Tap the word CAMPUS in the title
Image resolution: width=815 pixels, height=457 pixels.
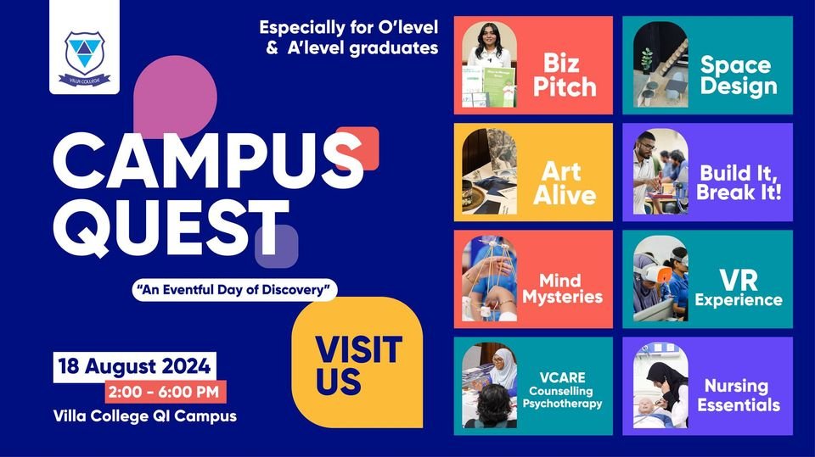(209, 160)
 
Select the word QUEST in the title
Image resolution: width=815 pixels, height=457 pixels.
(171, 227)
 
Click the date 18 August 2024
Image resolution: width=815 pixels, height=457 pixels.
(135, 366)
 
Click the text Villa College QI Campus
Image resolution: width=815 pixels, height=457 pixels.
(145, 416)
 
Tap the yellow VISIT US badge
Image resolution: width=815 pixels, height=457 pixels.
(357, 363)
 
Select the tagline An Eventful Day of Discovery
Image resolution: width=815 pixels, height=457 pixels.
(234, 290)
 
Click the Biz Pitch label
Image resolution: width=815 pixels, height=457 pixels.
(565, 75)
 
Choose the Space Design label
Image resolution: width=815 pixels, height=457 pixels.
(739, 75)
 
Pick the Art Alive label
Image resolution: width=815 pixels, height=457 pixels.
(565, 183)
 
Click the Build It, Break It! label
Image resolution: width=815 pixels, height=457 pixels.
(739, 183)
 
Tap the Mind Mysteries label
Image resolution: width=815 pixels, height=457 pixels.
(562, 289)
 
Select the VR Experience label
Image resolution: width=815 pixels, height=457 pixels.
(739, 289)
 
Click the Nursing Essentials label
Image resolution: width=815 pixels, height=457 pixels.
(739, 395)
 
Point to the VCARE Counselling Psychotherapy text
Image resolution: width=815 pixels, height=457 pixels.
(562, 390)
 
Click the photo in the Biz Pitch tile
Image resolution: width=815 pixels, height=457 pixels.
(489, 65)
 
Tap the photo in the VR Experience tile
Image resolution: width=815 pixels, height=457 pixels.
(660, 278)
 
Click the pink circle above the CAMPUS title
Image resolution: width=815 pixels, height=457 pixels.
(175, 97)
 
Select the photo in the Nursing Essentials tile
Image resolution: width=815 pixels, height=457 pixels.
(660, 385)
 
